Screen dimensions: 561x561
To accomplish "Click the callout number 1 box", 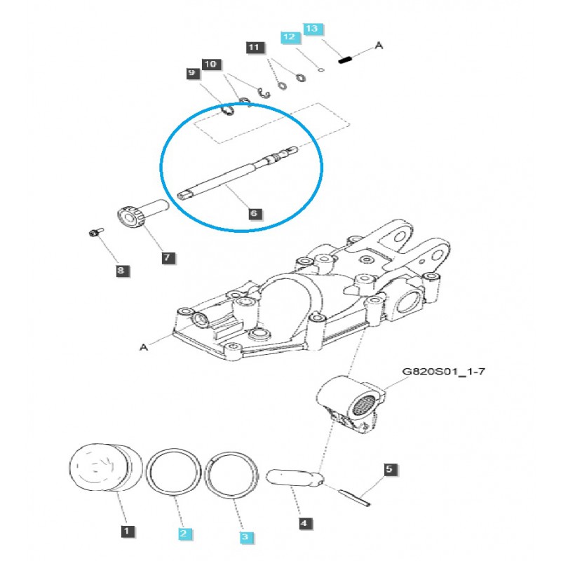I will coord(126,532).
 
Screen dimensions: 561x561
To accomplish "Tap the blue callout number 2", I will coord(184,534).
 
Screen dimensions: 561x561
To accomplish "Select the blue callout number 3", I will coord(245,536).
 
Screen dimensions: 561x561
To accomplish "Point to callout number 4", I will coord(304,523).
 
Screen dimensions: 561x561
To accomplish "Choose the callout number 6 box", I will coord(254,212).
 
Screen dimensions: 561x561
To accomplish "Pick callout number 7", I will coord(167,258).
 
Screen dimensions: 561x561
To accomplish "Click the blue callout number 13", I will coord(311,29).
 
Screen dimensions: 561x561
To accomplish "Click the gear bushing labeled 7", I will coord(140,214).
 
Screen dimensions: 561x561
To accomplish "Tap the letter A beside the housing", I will coord(144,346).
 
